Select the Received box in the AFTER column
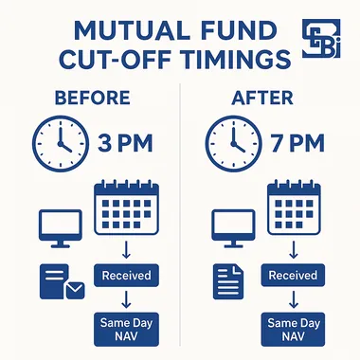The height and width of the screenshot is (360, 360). point(295,276)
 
